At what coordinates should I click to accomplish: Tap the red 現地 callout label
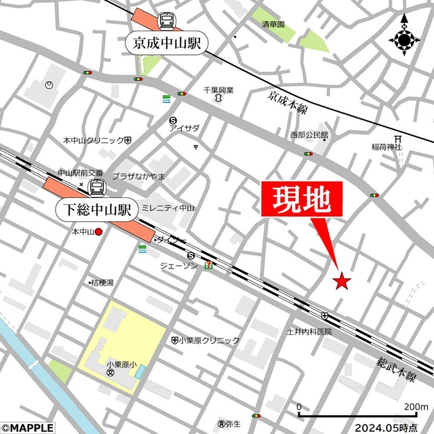click(302, 199)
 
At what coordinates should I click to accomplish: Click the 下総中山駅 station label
click(97, 207)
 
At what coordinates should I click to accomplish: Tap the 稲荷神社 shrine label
click(387, 146)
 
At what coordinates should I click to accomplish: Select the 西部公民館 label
click(309, 135)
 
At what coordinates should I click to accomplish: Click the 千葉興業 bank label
click(218, 90)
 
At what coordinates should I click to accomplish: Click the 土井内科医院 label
click(309, 332)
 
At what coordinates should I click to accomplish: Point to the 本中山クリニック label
click(94, 140)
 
